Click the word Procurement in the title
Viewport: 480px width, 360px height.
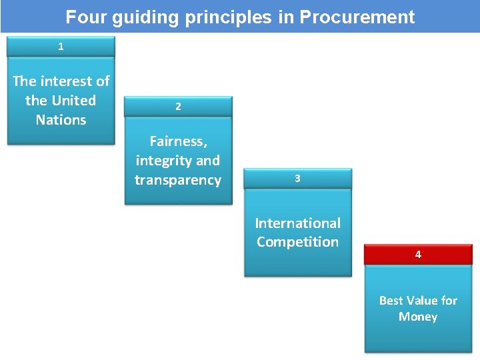[x=357, y=17]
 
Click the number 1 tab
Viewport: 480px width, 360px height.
[x=61, y=47]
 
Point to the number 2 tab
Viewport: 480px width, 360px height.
[x=178, y=107]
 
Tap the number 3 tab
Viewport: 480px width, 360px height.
[x=297, y=179]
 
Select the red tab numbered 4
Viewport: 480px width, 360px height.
[x=418, y=255]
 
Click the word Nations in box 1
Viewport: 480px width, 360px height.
[x=61, y=120]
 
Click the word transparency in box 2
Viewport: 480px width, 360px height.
[x=178, y=180]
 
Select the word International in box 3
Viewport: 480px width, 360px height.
[x=297, y=223]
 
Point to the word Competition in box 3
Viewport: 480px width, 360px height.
[x=297, y=242]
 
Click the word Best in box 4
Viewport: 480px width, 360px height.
[x=392, y=301]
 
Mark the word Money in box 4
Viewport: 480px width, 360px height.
[x=418, y=317]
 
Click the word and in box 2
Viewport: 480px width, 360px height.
[x=208, y=161]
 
